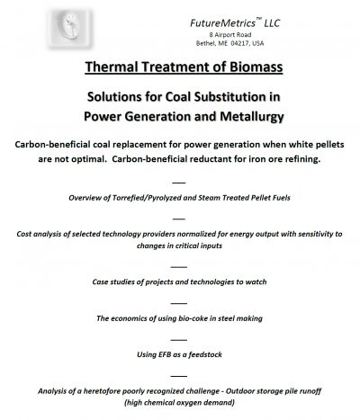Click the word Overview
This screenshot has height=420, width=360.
[x=94, y=198]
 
